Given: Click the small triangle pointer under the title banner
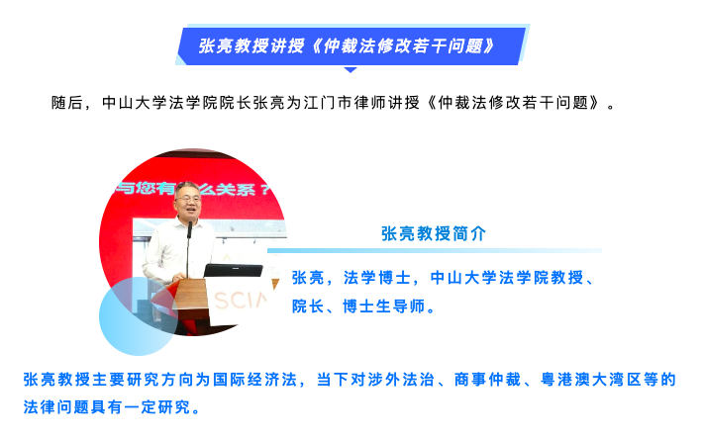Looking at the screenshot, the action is pos(351,70).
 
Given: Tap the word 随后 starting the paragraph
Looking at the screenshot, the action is pos(67,103).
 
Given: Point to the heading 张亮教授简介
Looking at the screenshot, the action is pos(434,233).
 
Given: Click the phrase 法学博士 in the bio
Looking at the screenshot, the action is pos(377,278).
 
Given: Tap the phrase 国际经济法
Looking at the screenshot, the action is pos(254,380).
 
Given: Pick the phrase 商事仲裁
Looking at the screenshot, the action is pos(487,380).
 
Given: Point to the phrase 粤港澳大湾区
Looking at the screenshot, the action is pos(591,380).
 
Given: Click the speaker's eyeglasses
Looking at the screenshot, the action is pos(189,198).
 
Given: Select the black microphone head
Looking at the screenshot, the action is pos(190,229).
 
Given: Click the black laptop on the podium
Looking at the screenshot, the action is pos(233,271).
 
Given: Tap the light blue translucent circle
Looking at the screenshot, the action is pos(139,316).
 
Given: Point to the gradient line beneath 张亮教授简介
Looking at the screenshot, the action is pos(435,251).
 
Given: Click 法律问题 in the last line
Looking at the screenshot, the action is pos(56,406).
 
